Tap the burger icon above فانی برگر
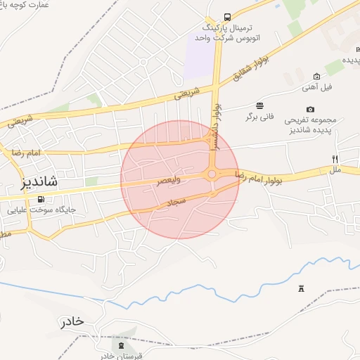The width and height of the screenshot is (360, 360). (260, 105)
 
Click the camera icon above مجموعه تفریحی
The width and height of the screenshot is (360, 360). (310, 109)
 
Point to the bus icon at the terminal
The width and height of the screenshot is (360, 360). (226, 17)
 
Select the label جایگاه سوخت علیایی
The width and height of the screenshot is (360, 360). (41, 210)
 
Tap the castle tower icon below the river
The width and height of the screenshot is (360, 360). (302, 288)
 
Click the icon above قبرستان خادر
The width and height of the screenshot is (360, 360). (120, 345)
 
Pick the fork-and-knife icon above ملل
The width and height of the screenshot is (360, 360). (335, 159)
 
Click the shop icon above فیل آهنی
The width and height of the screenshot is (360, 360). (316, 76)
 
